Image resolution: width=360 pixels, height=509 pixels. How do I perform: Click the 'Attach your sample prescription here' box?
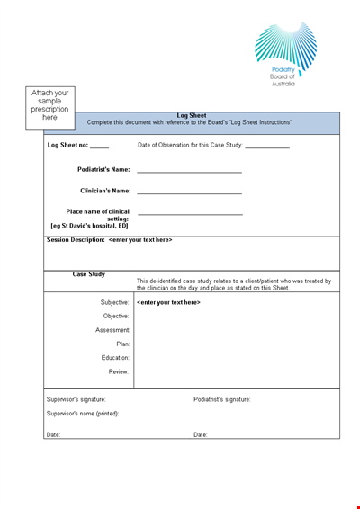pyautogui.click(x=50, y=104)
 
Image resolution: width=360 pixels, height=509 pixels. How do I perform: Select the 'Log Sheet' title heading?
pyautogui.click(x=192, y=115)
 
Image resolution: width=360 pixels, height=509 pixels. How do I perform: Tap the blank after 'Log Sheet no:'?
pyautogui.click(x=100, y=146)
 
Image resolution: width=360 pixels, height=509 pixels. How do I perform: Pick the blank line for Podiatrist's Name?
pyautogui.click(x=189, y=170)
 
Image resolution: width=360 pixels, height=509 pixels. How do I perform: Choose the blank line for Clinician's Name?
pyautogui.click(x=189, y=192)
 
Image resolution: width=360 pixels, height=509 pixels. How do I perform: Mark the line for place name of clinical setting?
pyautogui.click(x=190, y=213)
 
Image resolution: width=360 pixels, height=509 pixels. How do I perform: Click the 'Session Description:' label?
pyautogui.click(x=76, y=240)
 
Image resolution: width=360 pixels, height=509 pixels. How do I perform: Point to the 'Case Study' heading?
pyautogui.click(x=89, y=274)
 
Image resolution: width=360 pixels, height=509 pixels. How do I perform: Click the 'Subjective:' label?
pyautogui.click(x=115, y=302)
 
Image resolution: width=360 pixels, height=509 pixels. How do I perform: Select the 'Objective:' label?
pyautogui.click(x=116, y=316)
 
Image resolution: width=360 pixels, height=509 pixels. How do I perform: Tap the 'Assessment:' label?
pyautogui.click(x=113, y=330)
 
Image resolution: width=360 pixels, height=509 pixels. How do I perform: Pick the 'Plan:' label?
pyautogui.click(x=123, y=344)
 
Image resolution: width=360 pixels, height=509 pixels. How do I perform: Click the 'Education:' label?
pyautogui.click(x=116, y=358)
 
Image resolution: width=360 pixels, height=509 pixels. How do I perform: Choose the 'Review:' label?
pyautogui.click(x=119, y=371)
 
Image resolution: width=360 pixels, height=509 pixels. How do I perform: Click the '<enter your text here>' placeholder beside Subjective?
pyautogui.click(x=168, y=302)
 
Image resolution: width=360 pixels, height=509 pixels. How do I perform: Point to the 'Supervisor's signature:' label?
pyautogui.click(x=76, y=399)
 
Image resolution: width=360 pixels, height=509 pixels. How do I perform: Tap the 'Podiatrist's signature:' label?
pyautogui.click(x=222, y=399)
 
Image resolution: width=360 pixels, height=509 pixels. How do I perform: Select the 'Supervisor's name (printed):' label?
pyautogui.click(x=83, y=414)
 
